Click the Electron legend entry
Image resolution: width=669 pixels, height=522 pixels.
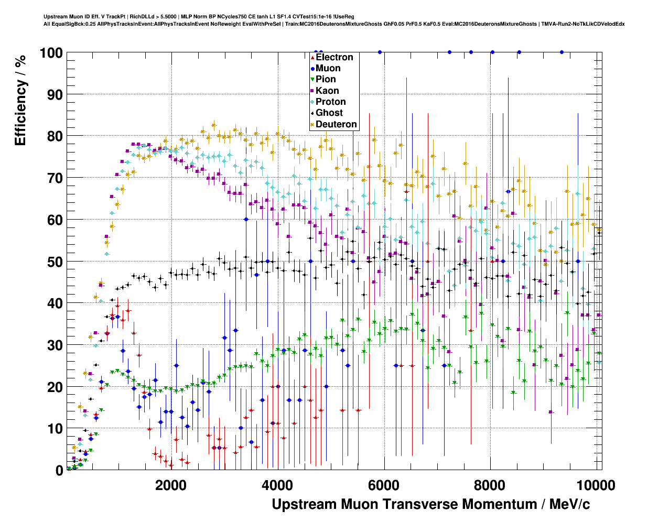(334, 57)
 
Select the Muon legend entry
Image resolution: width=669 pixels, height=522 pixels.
(328, 68)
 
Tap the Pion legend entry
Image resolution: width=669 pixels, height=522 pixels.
(326, 79)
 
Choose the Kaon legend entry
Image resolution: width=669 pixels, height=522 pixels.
(327, 91)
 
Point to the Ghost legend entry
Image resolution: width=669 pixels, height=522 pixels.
(329, 113)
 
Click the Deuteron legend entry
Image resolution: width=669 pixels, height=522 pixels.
(336, 124)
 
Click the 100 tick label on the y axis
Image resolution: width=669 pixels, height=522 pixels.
(50, 53)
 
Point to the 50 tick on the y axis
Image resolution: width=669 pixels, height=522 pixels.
(55, 262)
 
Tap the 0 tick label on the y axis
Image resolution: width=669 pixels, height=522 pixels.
(59, 470)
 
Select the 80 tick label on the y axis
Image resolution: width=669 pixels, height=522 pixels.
(55, 136)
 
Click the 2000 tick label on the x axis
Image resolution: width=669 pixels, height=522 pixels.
(171, 485)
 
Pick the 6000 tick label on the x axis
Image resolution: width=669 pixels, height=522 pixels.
(384, 485)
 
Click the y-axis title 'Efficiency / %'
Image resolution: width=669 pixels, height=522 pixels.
(20, 100)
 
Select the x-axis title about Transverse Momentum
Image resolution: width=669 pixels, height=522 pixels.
(430, 504)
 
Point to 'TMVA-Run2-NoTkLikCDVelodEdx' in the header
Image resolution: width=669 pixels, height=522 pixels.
(582, 24)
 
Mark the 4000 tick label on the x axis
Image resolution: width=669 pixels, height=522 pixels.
(277, 485)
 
